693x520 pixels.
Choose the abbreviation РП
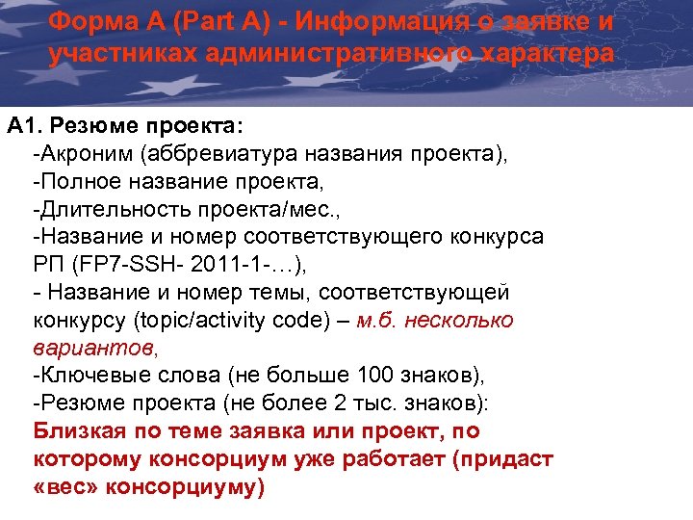click(x=47, y=264)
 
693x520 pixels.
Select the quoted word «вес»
click(x=62, y=486)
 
